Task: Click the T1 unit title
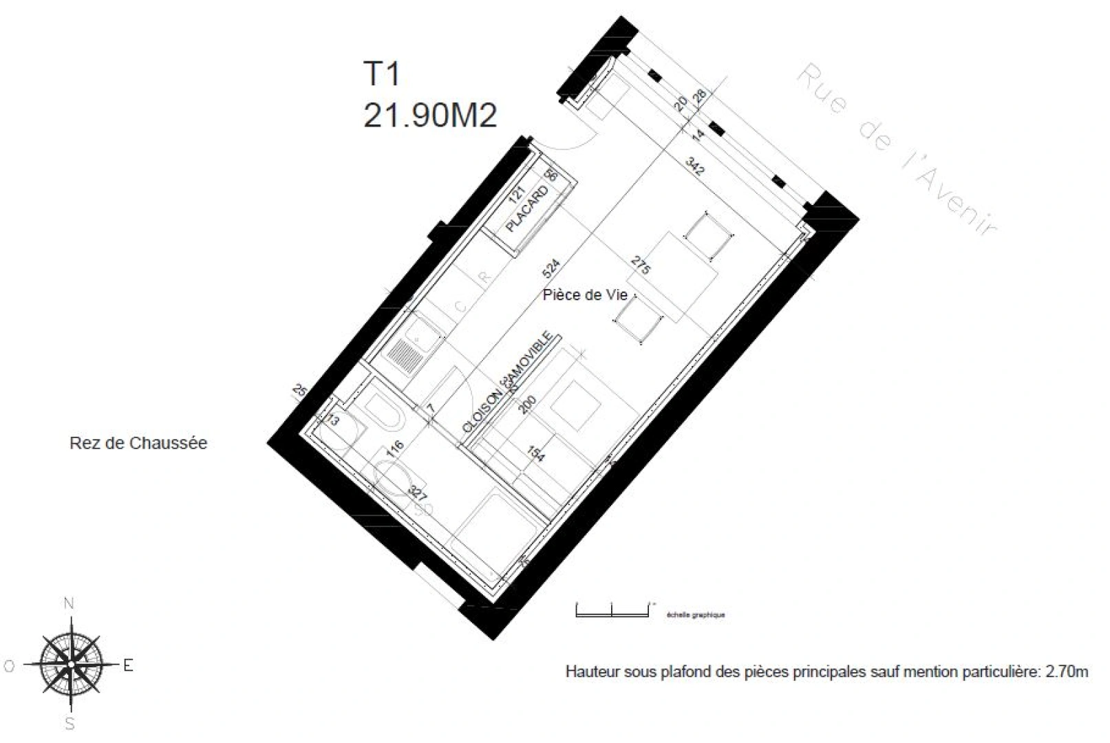381,74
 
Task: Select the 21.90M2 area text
429,116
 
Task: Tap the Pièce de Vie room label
585,295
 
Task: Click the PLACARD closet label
527,209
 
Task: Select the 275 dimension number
641,266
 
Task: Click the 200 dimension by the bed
526,405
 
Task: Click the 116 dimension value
394,449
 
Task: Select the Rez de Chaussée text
138,443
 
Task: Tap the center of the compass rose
70,664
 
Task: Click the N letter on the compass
69,604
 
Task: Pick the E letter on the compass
128,665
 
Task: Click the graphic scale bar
612,610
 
